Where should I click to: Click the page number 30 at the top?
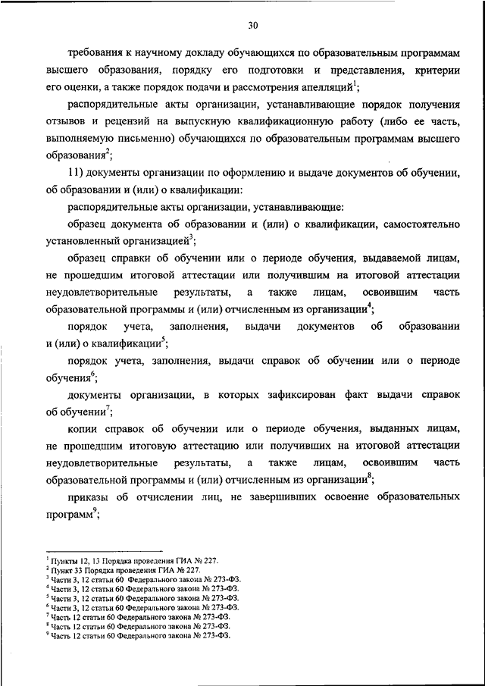point(253,25)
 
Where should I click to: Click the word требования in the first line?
point(97,55)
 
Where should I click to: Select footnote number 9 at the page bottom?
point(48,634)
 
